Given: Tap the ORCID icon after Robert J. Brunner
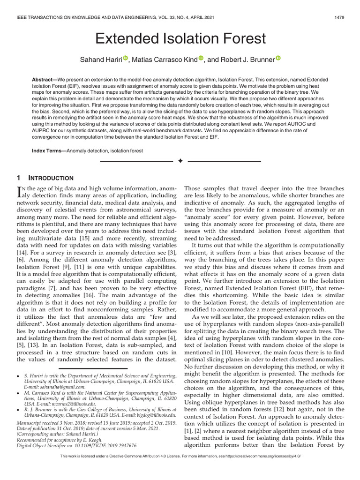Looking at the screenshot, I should click(x=277, y=58).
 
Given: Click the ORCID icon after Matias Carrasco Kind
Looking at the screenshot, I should click(x=201, y=58).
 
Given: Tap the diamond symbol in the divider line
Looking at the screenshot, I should click(x=180, y=161).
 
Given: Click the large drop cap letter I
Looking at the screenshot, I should click(x=19, y=191).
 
